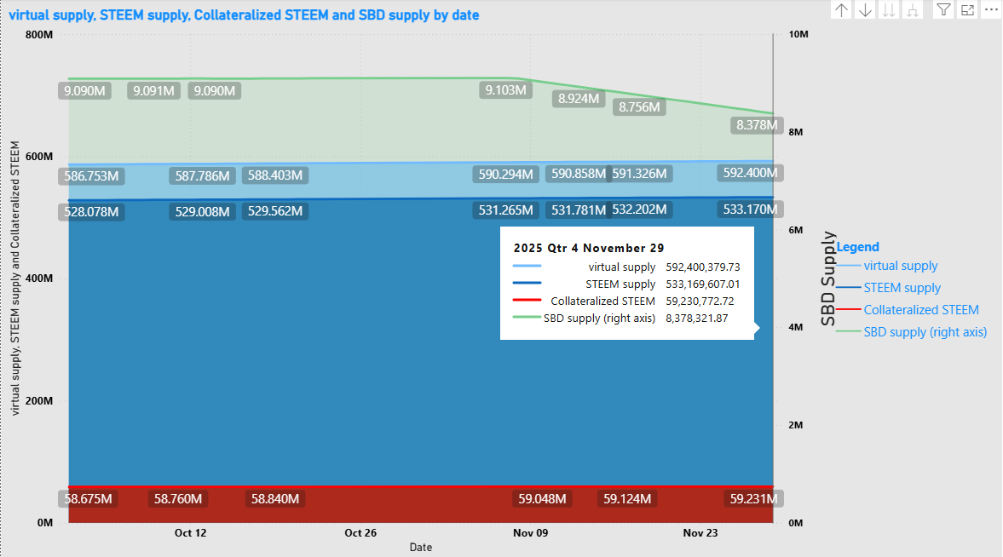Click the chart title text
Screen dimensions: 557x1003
pos(244,15)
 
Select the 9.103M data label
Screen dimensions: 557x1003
pos(505,89)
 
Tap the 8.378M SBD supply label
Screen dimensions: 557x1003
pos(757,125)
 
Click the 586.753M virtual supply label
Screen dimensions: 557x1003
pos(91,176)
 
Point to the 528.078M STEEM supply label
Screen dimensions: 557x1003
pos(91,211)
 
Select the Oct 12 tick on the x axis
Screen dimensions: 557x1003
pos(190,533)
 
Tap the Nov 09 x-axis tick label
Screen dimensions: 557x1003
pos(530,533)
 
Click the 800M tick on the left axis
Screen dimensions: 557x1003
pos(40,35)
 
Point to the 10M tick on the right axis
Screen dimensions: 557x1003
pos(798,35)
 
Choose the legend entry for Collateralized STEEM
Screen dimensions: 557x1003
pos(921,310)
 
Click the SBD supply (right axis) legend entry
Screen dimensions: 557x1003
pos(925,332)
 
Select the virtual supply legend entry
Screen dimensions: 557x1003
pos(901,266)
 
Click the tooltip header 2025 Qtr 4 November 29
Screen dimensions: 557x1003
pos(589,248)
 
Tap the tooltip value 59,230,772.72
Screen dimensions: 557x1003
pos(700,301)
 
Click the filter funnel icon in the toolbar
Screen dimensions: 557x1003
pos(943,10)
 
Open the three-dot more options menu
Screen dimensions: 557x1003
pos(990,10)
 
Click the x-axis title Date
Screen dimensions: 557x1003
pos(420,547)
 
